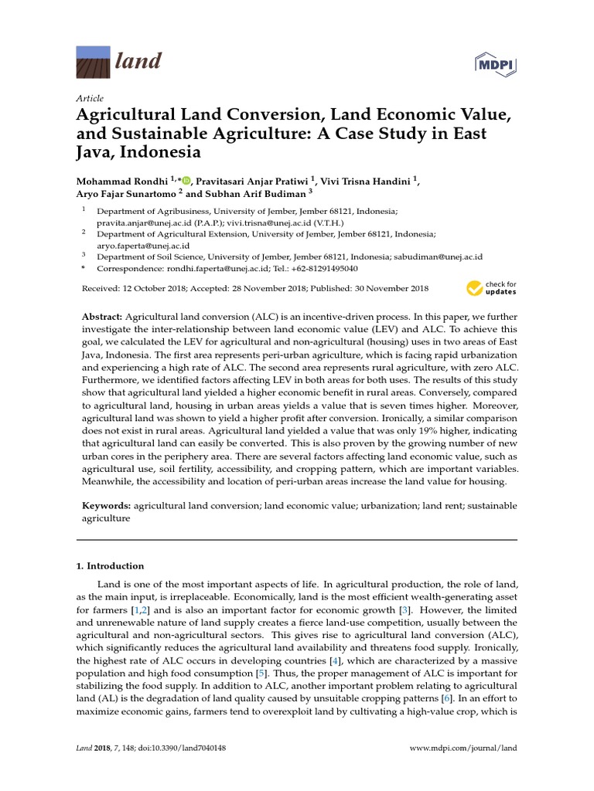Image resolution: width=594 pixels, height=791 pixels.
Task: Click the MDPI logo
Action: (x=495, y=61)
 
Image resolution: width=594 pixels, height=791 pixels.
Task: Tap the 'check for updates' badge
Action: (x=491, y=288)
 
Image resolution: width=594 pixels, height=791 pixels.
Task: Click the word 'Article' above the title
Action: (x=90, y=99)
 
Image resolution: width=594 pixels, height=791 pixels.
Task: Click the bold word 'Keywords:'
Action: (x=107, y=505)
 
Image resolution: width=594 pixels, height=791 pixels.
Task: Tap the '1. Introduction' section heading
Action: (x=110, y=566)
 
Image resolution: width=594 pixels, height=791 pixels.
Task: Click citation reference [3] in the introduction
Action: (x=403, y=609)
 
